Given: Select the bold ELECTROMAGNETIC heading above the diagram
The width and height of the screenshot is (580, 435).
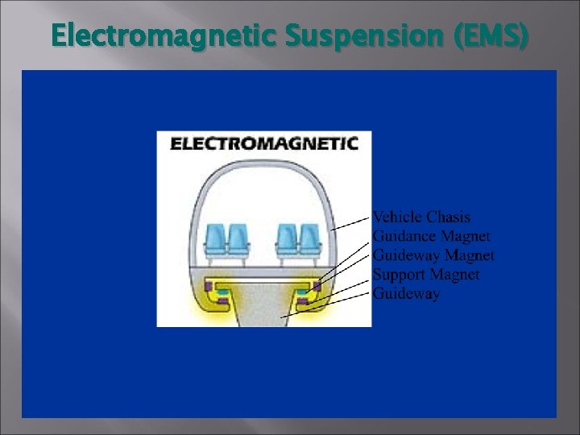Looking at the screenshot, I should [x=264, y=144].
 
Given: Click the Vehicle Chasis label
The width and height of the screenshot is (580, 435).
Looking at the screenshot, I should [x=420, y=217].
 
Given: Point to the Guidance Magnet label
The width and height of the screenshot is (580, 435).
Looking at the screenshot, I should [x=431, y=237].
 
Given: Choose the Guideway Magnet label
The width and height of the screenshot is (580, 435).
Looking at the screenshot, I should [x=433, y=256].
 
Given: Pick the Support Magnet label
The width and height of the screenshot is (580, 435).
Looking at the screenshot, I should [x=425, y=275].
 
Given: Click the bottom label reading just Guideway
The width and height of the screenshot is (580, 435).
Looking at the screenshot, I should [x=406, y=294].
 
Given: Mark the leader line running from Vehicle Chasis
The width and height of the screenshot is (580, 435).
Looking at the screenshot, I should [x=350, y=223].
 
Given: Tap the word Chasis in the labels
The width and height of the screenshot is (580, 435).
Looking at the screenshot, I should [x=449, y=217].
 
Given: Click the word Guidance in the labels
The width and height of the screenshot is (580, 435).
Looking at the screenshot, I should [x=405, y=237].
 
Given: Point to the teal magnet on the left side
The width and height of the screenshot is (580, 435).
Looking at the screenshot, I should [x=222, y=292].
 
